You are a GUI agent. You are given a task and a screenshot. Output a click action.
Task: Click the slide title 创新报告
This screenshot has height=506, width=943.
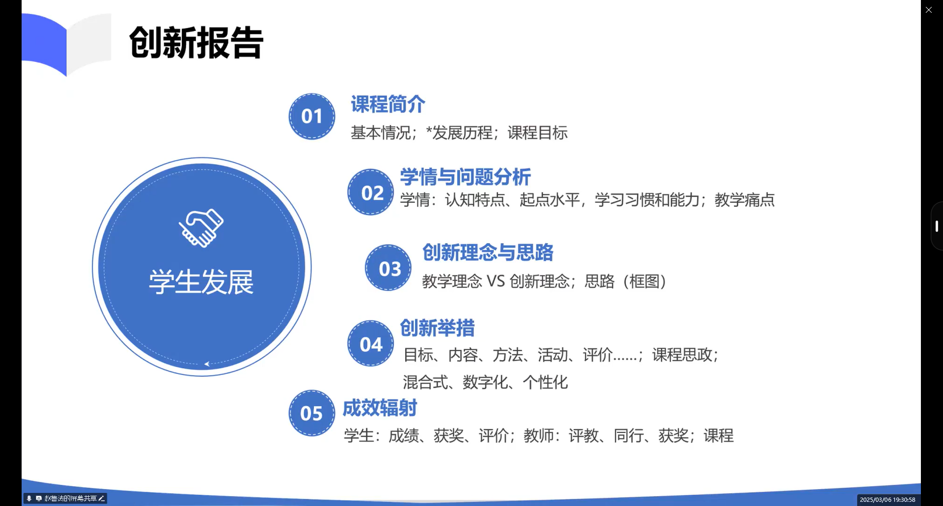(x=196, y=43)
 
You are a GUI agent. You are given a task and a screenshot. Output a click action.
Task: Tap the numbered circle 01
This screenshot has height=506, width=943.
(x=312, y=116)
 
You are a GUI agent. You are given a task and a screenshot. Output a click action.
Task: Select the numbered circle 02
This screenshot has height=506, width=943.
(x=371, y=192)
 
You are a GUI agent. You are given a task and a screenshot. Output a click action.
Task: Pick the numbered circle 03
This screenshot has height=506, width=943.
(x=388, y=268)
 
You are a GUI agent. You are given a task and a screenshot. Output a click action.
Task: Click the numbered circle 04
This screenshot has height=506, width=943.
(x=371, y=343)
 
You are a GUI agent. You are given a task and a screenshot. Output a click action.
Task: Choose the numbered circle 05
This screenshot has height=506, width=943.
(x=312, y=413)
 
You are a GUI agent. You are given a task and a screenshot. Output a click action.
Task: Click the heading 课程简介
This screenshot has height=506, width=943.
(x=388, y=104)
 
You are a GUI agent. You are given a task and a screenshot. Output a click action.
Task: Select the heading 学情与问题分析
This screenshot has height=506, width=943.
(x=466, y=177)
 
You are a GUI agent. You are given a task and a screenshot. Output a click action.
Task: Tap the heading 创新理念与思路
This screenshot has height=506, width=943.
(x=488, y=253)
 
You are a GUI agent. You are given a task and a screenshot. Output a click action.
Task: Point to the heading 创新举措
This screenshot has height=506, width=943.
(x=438, y=328)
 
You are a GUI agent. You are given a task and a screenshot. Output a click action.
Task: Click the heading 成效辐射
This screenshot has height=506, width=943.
(x=380, y=408)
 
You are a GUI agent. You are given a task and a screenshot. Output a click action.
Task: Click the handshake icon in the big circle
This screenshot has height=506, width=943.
(x=201, y=228)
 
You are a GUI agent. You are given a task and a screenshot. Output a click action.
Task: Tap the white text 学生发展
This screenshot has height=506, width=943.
(x=201, y=282)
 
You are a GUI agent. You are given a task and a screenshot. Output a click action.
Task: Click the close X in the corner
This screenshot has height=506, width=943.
(x=928, y=10)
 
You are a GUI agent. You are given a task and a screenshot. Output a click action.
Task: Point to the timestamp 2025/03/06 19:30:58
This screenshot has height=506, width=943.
(x=888, y=500)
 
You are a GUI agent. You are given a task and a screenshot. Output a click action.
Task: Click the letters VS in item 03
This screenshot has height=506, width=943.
(x=496, y=281)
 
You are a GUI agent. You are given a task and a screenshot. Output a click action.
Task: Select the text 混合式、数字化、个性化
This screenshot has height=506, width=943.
(x=485, y=382)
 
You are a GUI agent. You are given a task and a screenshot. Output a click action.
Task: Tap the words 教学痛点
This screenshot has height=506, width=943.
(x=745, y=200)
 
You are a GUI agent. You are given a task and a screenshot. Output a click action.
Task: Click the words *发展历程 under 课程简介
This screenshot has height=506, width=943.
(x=459, y=133)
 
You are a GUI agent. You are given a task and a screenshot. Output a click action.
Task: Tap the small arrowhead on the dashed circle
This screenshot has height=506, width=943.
(x=207, y=364)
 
